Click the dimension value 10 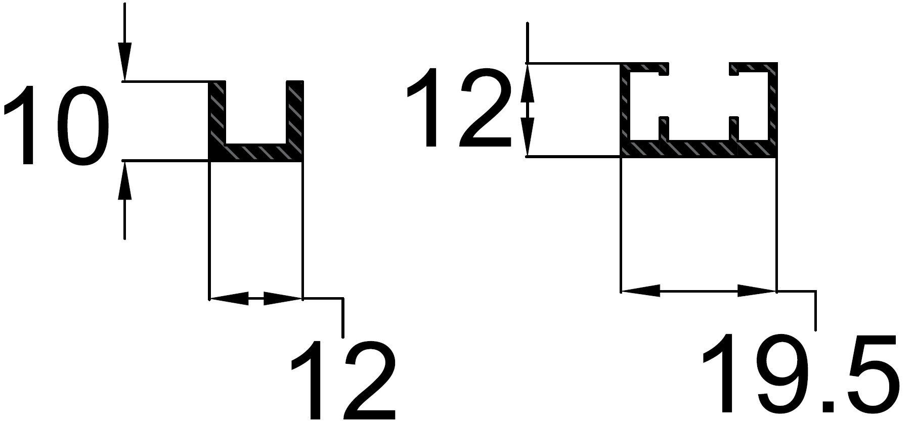57,125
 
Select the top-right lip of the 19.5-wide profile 752,68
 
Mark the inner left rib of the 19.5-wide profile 664,128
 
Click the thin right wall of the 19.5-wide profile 772,106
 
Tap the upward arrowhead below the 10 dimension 124,180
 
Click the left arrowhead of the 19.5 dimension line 640,291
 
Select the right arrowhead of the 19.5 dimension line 757,291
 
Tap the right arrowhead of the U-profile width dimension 283,299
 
